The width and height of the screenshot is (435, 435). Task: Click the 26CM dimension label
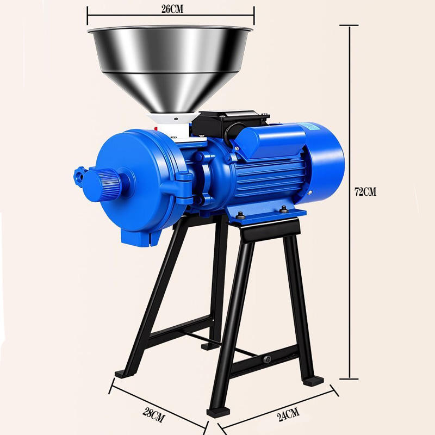pyautogui.click(x=172, y=9)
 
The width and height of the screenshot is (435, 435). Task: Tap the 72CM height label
pyautogui.click(x=365, y=192)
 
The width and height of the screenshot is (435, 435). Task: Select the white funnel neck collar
pyautogui.click(x=173, y=125)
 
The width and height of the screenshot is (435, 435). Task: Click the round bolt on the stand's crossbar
pyautogui.click(x=267, y=359)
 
